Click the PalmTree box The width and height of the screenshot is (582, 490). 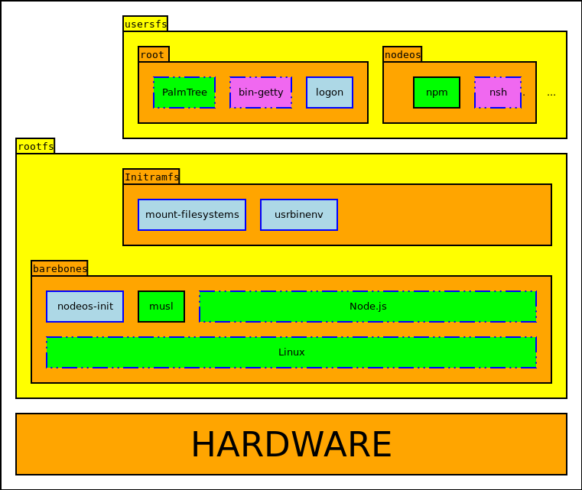[x=184, y=92]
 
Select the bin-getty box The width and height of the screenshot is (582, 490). [x=261, y=92]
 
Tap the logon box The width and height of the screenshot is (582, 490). [x=330, y=92]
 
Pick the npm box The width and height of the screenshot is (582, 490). [x=437, y=92]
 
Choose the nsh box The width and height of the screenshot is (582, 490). [x=498, y=92]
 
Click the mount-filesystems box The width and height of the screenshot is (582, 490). [x=192, y=215]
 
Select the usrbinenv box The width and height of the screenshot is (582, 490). [x=299, y=215]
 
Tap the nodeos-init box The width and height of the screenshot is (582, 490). [x=85, y=307]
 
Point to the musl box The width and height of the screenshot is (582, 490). [x=161, y=307]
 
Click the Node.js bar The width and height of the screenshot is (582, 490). [x=368, y=307]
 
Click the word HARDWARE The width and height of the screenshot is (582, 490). [x=291, y=444]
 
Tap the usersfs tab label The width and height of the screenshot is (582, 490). [x=145, y=24]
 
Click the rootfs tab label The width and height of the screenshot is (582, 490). [x=35, y=146]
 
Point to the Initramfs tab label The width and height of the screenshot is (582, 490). [x=151, y=177]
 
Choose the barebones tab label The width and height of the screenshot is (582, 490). [x=60, y=268]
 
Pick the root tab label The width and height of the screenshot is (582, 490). [x=153, y=54]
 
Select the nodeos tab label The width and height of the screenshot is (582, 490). [x=402, y=54]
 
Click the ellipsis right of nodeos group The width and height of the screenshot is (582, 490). [x=551, y=93]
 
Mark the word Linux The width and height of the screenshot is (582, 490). [x=291, y=352]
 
